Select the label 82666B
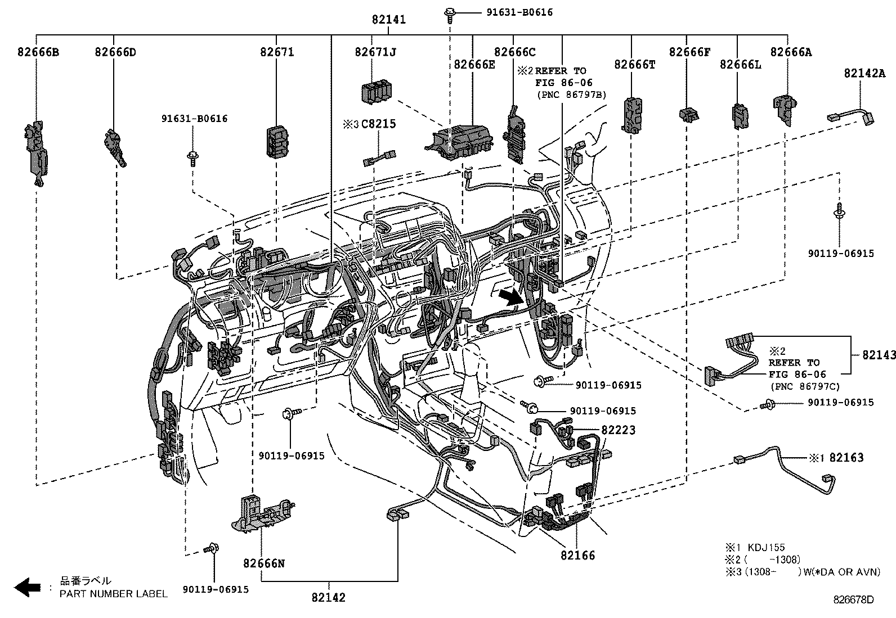click(38, 53)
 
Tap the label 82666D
click(115, 53)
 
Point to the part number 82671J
click(375, 53)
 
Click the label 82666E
click(474, 65)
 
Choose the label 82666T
click(635, 65)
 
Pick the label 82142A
click(864, 74)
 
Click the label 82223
click(619, 430)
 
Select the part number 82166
click(577, 556)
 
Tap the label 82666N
click(263, 563)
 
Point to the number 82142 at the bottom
click(328, 598)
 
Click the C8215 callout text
click(378, 124)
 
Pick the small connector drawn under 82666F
click(689, 115)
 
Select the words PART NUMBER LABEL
click(114, 593)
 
